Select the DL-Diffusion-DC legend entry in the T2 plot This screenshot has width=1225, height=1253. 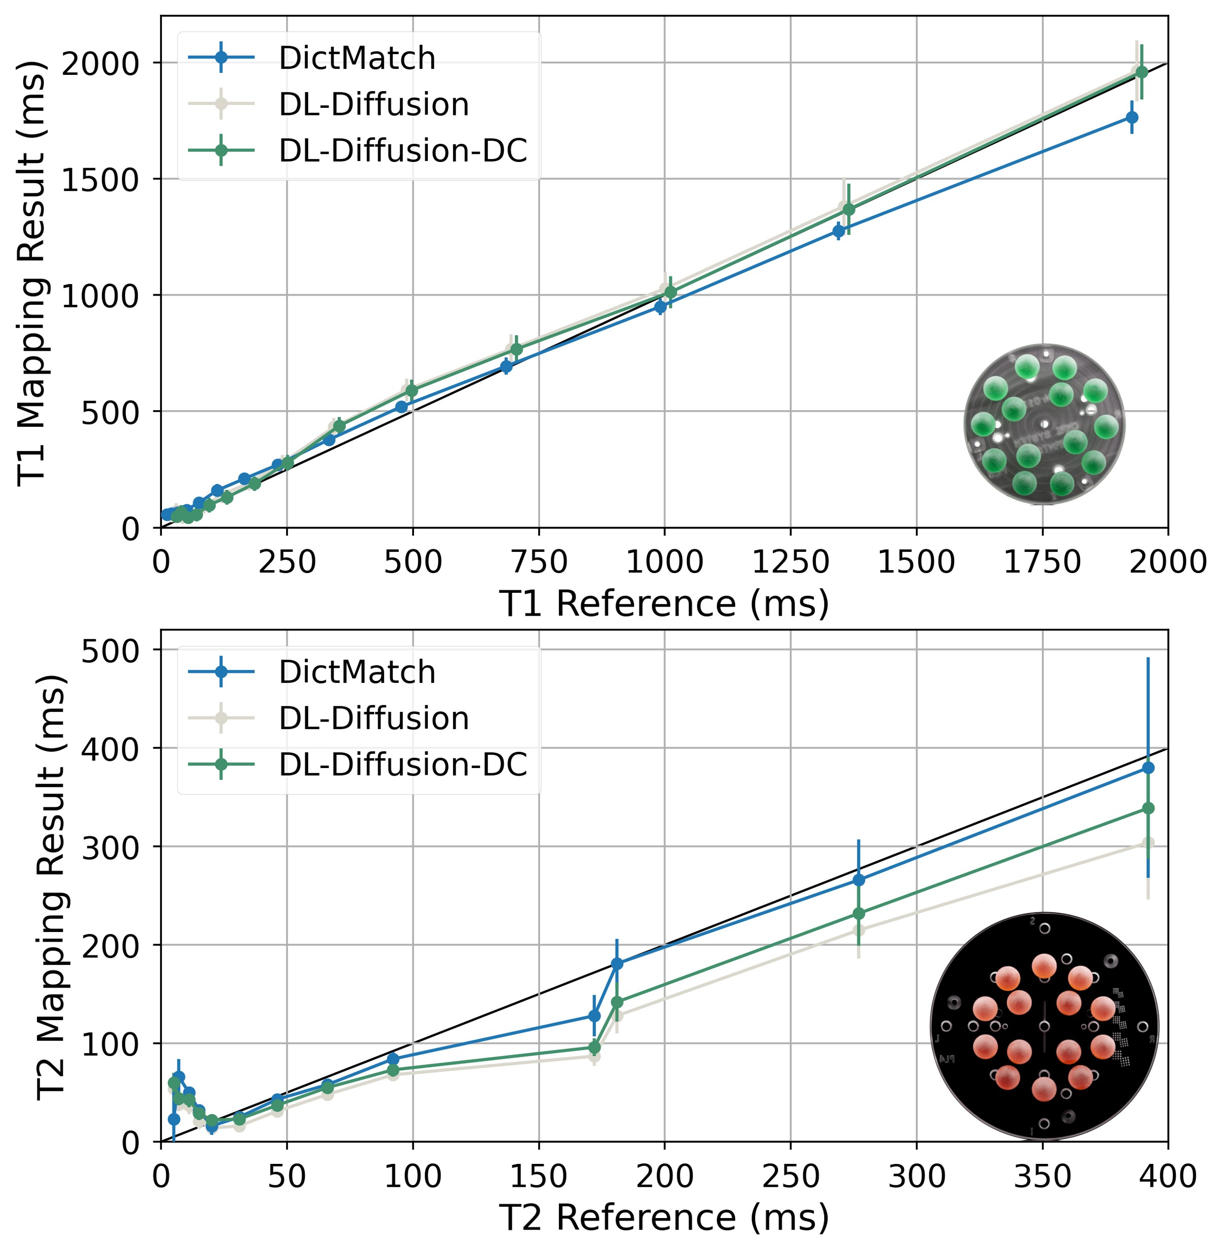[402, 764]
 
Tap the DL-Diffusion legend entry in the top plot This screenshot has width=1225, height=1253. [373, 104]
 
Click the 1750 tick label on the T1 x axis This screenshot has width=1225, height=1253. [1042, 562]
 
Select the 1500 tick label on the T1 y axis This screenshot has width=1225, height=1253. [100, 180]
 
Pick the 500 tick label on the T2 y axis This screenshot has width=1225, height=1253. [110, 651]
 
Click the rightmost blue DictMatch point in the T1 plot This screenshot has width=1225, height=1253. [1132, 117]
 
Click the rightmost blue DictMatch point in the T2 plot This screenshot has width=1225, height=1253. [1148, 768]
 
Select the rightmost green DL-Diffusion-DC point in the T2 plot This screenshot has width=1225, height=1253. [1148, 809]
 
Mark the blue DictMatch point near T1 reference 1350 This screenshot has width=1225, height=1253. [838, 230]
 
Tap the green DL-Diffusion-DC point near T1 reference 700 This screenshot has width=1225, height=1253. [516, 349]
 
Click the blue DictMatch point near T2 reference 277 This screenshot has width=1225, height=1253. [859, 880]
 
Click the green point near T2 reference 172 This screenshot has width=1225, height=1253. [594, 1047]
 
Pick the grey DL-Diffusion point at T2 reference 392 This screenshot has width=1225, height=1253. [1148, 843]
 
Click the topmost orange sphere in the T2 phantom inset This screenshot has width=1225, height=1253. [1044, 966]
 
